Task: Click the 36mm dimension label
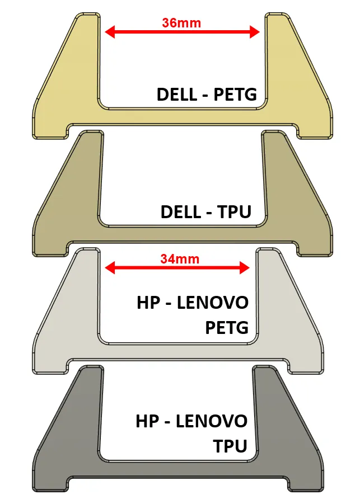coord(181,23)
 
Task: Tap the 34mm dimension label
coord(180,259)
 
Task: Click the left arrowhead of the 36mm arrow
coord(110,32)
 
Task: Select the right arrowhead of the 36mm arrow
coord(255,32)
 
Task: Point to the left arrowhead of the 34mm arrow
coord(110,268)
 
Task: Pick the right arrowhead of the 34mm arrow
coord(245,268)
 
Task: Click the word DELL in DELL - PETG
coord(176,95)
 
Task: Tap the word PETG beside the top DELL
coord(235,95)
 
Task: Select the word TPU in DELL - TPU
coord(234,212)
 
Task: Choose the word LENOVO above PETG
coord(213,303)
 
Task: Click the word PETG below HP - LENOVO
coord(227,328)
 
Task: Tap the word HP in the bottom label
coord(147,421)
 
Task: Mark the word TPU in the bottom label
coord(230,446)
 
